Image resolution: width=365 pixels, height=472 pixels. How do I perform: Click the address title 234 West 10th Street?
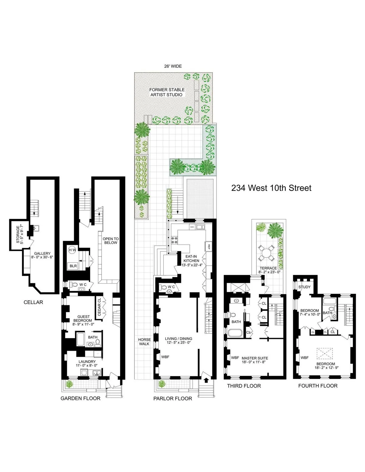[271, 188]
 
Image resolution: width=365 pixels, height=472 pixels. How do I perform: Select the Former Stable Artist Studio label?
[167, 92]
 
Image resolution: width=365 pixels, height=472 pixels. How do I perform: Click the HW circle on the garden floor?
[72, 250]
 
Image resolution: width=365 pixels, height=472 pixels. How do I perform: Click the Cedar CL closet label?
[99, 307]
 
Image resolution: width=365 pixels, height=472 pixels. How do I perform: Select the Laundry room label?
[87, 363]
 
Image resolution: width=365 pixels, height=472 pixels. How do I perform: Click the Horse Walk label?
[144, 342]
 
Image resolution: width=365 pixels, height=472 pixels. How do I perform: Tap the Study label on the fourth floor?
[304, 287]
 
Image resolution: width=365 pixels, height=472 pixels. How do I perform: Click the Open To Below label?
[110, 240]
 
